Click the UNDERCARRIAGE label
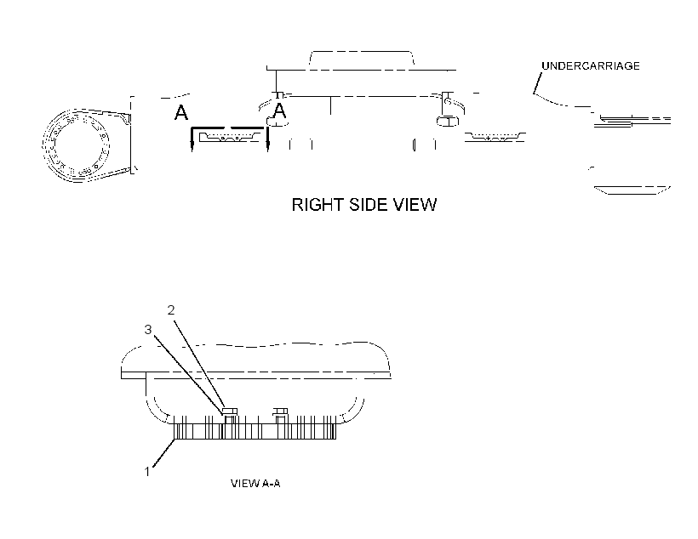(590, 65)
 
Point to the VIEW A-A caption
(255, 484)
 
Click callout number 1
(147, 471)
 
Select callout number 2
(171, 310)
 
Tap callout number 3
(148, 330)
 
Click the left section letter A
(180, 112)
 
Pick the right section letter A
(279, 111)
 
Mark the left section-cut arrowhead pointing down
(192, 146)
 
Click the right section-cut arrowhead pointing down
(267, 146)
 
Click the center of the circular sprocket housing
(76, 145)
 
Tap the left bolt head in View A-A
(229, 411)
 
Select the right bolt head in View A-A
(280, 411)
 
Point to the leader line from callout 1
(163, 453)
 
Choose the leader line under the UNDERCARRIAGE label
(538, 83)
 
